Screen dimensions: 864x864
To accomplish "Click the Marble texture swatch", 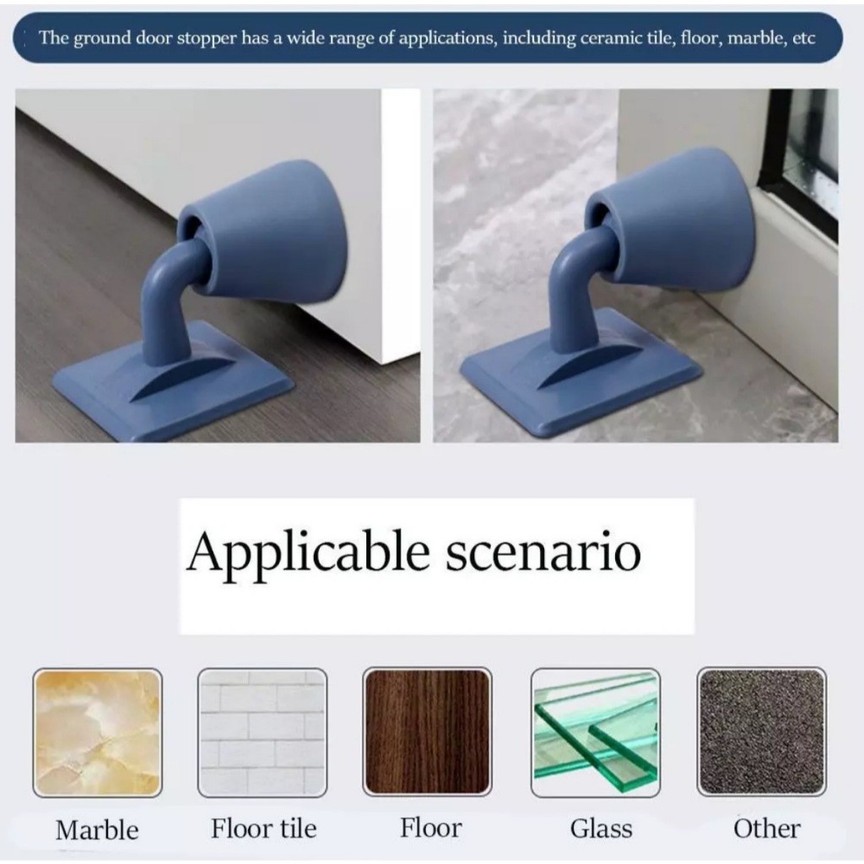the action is pos(98,732).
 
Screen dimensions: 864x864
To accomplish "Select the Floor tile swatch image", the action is pos(262,732).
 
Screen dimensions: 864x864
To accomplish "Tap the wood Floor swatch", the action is pos(427,732).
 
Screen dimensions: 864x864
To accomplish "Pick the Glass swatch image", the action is pos(596,732).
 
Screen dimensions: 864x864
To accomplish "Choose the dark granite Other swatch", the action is pos(762,732).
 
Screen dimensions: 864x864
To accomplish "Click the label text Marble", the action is pos(97,830).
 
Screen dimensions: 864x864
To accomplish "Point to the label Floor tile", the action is pos(264,829).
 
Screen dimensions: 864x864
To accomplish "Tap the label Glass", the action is pos(601,829).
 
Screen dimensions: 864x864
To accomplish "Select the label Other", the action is pos(766,829).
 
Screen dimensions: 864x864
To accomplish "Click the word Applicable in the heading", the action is pos(308,553).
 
